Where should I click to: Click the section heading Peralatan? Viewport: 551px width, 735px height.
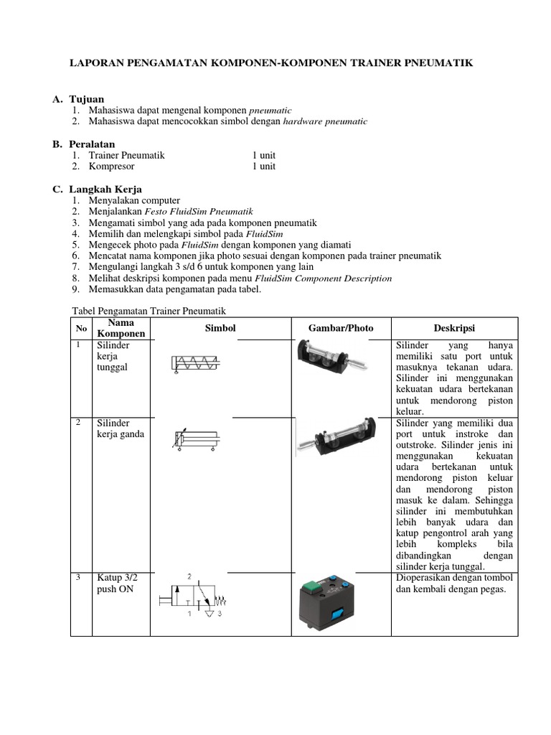tap(92, 144)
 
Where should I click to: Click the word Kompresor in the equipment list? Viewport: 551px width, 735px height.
tap(111, 167)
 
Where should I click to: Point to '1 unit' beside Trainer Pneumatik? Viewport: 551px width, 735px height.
tap(263, 155)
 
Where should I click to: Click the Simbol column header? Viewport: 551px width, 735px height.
tap(220, 328)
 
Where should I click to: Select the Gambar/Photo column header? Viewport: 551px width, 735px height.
tap(341, 328)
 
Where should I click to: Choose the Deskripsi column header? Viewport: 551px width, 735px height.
tap(454, 328)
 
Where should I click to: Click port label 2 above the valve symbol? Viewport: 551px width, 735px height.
tap(189, 576)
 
